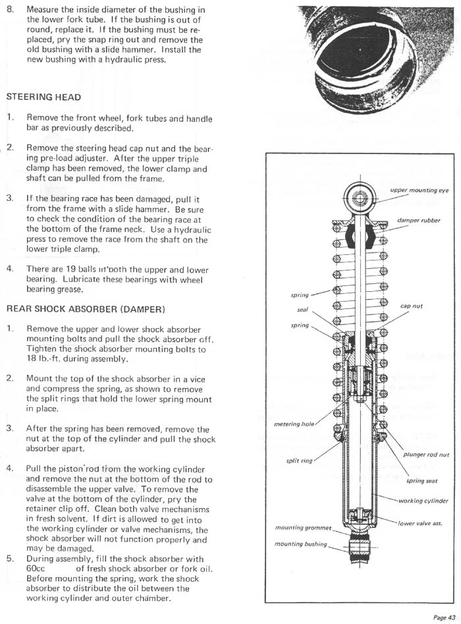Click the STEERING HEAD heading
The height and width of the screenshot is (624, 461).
click(x=43, y=97)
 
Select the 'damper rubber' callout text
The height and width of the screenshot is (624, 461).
click(x=420, y=220)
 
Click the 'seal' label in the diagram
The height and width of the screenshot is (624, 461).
click(x=304, y=309)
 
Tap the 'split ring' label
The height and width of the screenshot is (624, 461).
click(x=300, y=461)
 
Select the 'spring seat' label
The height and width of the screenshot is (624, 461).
click(x=422, y=481)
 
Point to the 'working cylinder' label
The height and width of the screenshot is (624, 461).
click(x=423, y=501)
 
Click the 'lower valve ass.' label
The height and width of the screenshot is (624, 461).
click(x=423, y=524)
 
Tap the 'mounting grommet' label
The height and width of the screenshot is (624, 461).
click(x=300, y=528)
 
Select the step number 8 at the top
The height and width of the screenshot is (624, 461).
click(x=9, y=11)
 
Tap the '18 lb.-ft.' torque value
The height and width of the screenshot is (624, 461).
click(x=43, y=359)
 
